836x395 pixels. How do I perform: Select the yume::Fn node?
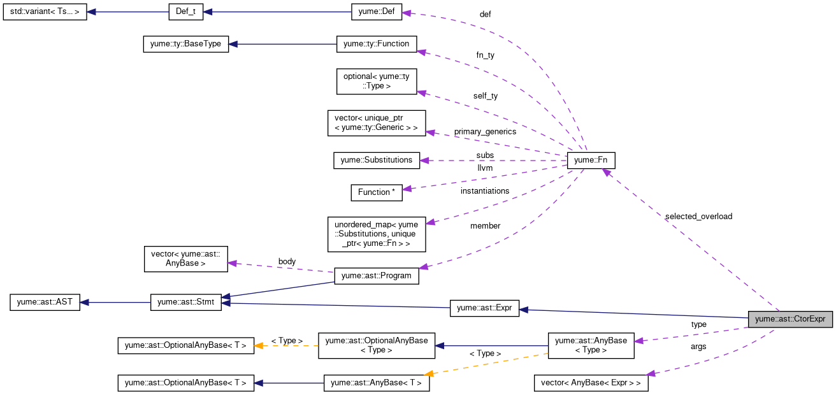coord(591,161)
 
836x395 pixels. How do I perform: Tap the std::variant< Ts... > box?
coord(45,12)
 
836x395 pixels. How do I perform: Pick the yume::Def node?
coord(378,12)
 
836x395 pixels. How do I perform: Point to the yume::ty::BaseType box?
coord(185,44)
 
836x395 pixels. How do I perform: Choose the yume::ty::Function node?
coord(377,44)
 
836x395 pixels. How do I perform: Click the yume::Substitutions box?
coord(377,160)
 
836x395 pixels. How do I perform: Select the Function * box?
coord(377,192)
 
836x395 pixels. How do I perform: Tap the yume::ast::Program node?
coord(377,276)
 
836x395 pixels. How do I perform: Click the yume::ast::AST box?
coord(45,302)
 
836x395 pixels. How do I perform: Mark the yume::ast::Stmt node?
coord(185,302)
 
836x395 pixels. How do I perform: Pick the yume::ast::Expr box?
coord(484,308)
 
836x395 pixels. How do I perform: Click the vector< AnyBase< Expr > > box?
coord(591,383)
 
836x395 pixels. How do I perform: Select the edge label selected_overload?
coord(698,217)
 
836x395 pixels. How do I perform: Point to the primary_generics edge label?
coord(485,132)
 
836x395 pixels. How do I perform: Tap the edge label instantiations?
coord(485,191)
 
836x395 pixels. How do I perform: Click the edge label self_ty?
coord(486,96)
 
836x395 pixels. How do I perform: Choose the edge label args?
coord(698,347)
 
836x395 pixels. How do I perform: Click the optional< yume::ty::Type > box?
coord(377,81)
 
